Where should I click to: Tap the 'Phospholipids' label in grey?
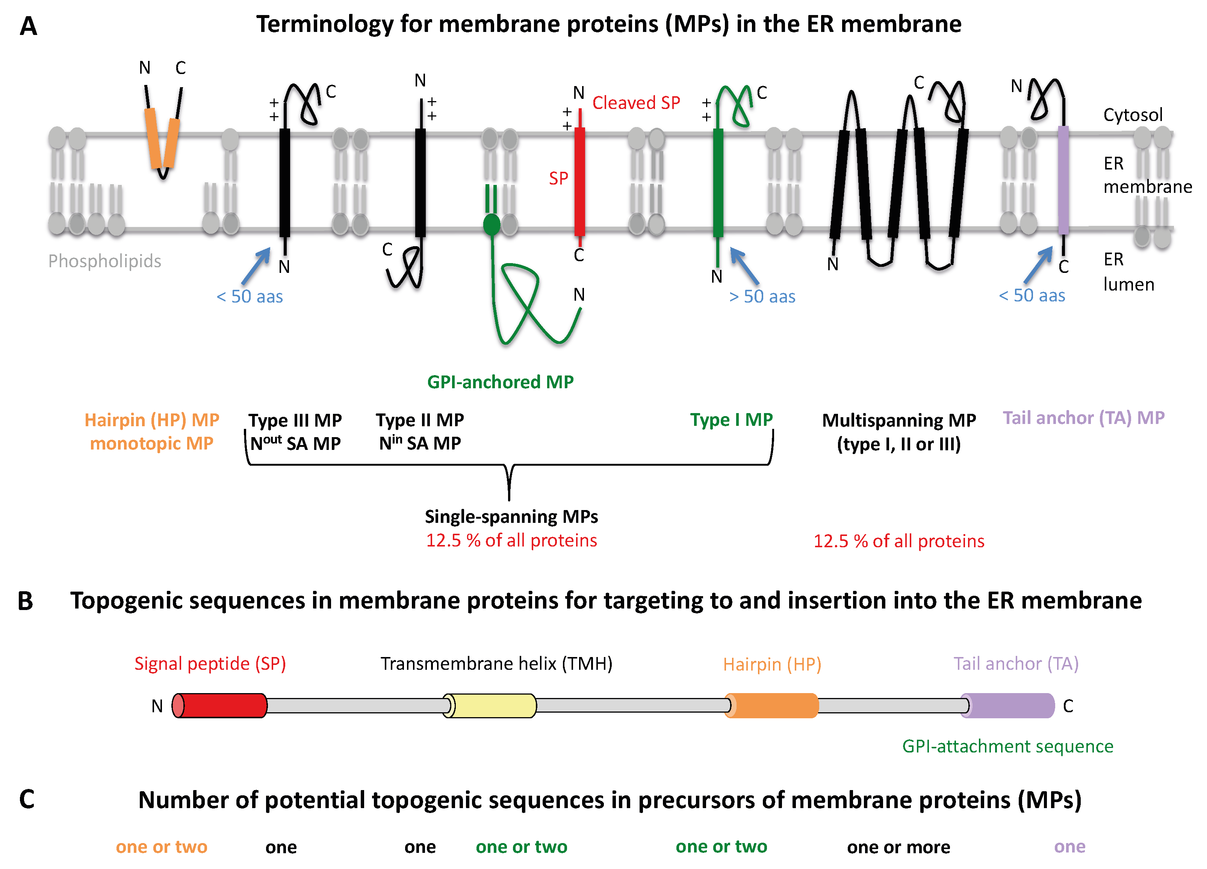[104, 261]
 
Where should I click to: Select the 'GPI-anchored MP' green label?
[500, 382]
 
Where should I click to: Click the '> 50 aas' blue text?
[762, 297]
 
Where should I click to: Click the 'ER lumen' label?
[1128, 272]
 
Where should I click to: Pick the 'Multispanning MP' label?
[898, 420]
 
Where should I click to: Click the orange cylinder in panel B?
[772, 705]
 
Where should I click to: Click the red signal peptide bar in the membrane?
[579, 181]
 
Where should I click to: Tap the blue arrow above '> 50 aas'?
[744, 265]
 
